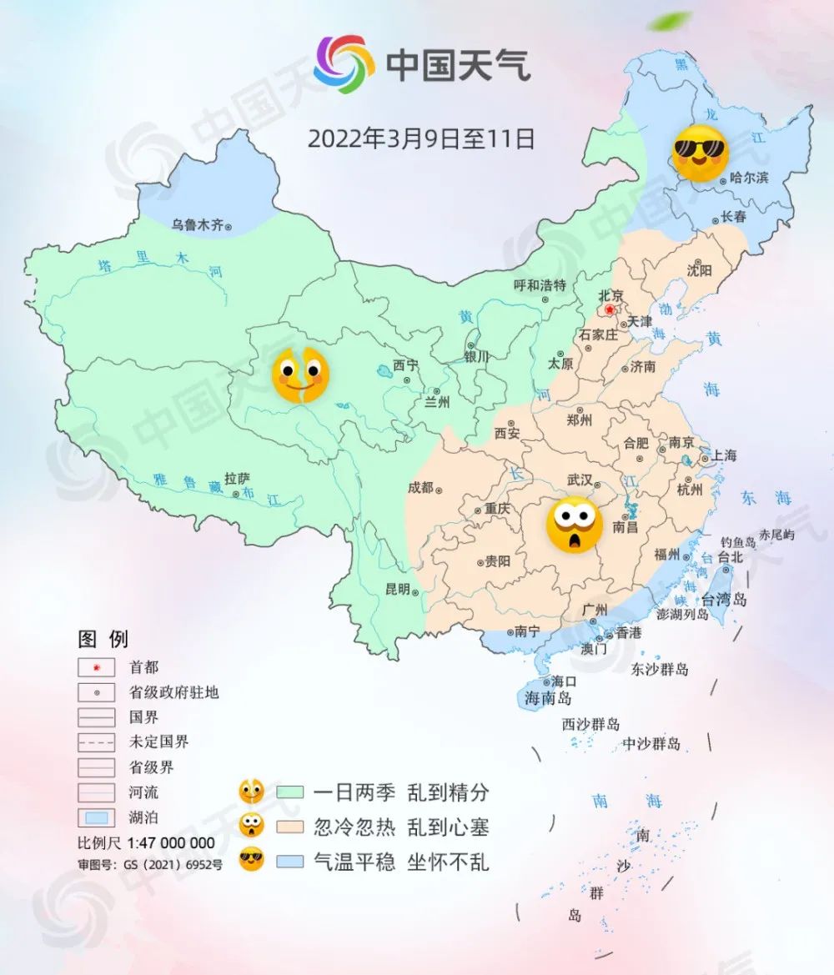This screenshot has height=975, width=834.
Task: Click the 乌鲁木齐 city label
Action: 198,224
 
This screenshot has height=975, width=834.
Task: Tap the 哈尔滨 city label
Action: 748,177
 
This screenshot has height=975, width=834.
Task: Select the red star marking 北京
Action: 610,310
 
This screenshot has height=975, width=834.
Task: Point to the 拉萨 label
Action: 238,478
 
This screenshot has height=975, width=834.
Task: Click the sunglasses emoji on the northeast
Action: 700,153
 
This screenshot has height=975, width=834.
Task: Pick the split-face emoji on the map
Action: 301,375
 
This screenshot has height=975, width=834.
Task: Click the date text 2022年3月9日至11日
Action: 421,138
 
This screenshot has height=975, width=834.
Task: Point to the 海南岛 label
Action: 548,698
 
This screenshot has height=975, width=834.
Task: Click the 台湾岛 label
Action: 723,599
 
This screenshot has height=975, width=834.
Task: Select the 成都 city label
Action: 421,487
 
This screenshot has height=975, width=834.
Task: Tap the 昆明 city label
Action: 397,589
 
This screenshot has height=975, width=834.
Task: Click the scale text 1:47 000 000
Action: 170,843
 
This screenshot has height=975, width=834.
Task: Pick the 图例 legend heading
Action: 103,640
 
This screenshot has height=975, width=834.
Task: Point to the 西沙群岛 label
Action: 590,724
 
